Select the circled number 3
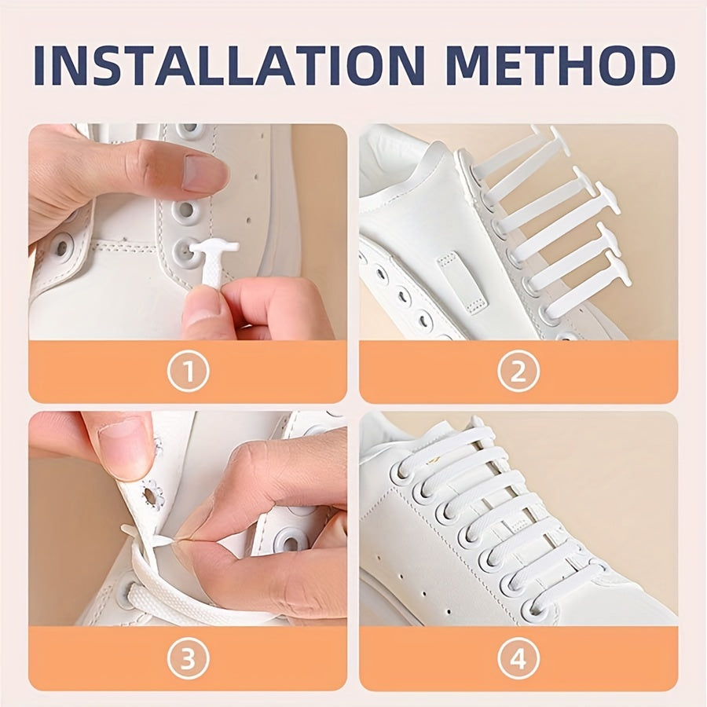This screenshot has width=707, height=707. tap(187, 659)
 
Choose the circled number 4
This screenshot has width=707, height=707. tap(518, 659)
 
